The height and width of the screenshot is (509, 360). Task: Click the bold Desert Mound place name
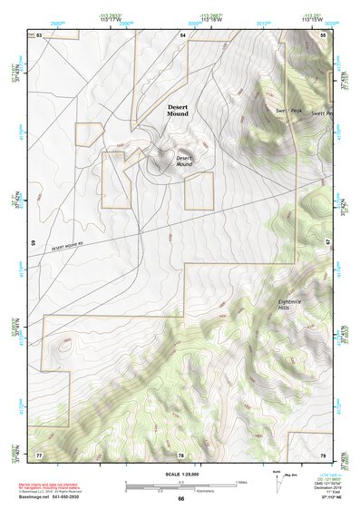180,111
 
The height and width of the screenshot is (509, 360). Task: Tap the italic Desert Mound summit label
189,161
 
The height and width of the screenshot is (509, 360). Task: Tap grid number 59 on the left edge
34,243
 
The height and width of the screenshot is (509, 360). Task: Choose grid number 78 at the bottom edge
180,454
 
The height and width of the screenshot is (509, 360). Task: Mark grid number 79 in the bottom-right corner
323,454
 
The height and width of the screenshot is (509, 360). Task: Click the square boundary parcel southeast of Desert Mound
199,192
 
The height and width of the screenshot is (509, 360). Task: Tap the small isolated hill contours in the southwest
65,344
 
